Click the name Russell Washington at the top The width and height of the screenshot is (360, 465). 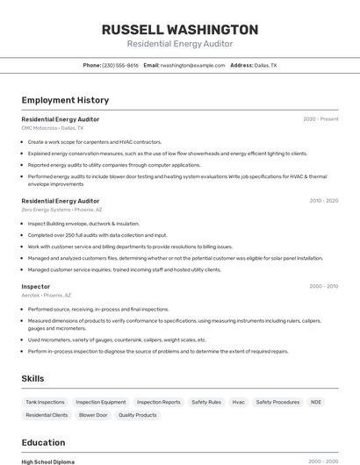click(x=180, y=29)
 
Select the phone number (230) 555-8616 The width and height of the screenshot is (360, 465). click(x=119, y=65)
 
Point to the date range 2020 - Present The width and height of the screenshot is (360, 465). click(x=320, y=119)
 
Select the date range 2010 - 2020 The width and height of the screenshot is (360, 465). click(x=323, y=201)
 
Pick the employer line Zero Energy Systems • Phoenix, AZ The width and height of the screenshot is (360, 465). click(x=61, y=210)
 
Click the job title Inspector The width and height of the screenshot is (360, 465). click(x=36, y=287)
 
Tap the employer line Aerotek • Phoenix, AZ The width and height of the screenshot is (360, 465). click(x=47, y=296)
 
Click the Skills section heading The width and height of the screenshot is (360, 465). click(x=33, y=378)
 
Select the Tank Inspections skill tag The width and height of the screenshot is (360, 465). click(x=46, y=402)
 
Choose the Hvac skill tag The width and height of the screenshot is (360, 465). click(x=239, y=402)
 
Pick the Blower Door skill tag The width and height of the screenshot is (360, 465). click(x=93, y=415)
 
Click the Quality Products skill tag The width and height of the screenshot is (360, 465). click(x=138, y=415)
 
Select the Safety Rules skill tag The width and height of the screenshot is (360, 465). click(x=206, y=402)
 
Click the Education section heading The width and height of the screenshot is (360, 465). click(x=43, y=442)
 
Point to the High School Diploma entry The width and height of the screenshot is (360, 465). click(x=48, y=461)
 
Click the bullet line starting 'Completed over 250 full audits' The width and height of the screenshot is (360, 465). click(x=97, y=235)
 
